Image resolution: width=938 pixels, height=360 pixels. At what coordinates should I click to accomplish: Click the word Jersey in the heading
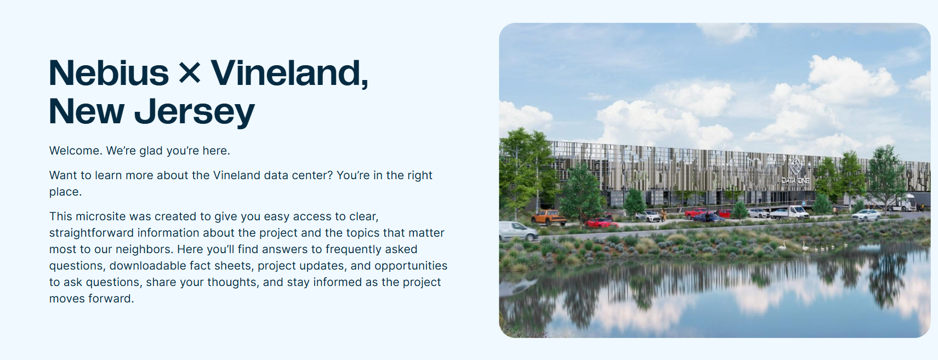(194, 112)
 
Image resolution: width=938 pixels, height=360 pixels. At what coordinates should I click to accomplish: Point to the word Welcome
(75, 151)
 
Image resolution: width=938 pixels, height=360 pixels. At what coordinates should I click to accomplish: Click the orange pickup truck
(549, 218)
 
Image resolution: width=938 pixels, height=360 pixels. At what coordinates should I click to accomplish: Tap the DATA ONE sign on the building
(795, 180)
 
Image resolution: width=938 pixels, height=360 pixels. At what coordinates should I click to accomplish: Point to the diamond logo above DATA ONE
(795, 166)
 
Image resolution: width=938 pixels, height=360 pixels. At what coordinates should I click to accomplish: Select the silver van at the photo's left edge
(519, 231)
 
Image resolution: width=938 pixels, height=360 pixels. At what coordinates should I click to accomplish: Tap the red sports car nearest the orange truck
(601, 222)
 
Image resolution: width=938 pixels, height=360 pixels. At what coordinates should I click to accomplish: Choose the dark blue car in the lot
(708, 217)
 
